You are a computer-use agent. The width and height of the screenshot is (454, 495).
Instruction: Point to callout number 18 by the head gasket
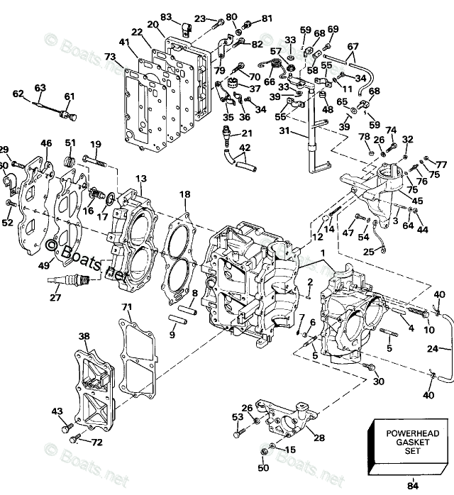(184, 194)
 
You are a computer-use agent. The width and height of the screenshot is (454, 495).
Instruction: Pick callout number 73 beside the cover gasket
(110, 57)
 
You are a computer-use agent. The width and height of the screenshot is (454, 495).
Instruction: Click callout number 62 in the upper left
(18, 93)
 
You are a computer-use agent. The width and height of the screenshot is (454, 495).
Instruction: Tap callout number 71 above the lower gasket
(126, 307)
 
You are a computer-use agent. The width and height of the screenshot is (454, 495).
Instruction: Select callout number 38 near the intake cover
(84, 336)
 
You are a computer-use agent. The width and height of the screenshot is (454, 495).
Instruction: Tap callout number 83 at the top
(166, 17)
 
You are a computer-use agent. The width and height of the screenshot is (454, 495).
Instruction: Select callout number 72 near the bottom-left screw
(97, 443)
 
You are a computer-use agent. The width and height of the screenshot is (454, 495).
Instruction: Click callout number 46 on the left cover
(46, 144)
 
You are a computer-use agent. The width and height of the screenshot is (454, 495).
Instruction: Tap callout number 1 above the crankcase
(323, 253)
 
